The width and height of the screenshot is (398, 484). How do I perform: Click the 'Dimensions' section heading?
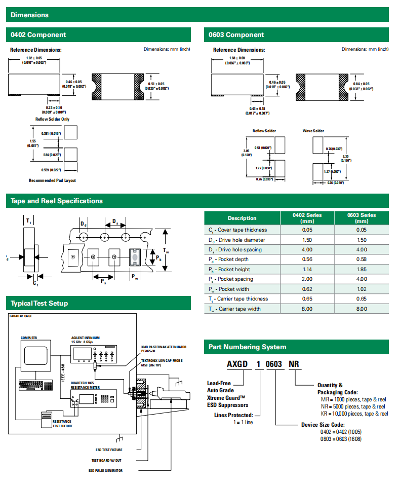click(x=29, y=15)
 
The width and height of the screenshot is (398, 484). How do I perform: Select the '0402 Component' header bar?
click(x=38, y=35)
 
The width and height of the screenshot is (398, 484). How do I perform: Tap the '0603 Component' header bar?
click(x=236, y=35)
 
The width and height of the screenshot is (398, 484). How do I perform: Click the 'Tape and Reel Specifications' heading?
click(x=57, y=201)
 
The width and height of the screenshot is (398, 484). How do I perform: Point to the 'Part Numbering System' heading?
click(x=248, y=347)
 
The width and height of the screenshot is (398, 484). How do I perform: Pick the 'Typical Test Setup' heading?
click(x=39, y=304)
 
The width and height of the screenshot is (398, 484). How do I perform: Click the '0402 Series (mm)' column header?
click(x=307, y=218)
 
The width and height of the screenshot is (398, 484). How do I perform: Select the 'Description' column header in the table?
click(x=242, y=218)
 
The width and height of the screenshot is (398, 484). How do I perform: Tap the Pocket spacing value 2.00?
click(x=307, y=279)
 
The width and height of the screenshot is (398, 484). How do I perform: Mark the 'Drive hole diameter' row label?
click(x=235, y=240)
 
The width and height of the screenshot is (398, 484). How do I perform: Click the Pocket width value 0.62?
click(x=307, y=289)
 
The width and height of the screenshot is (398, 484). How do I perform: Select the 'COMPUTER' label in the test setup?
click(x=29, y=338)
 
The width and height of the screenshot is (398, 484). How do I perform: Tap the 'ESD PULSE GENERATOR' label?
click(x=105, y=470)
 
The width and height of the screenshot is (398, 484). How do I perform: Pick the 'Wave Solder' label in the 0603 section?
click(x=313, y=131)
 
